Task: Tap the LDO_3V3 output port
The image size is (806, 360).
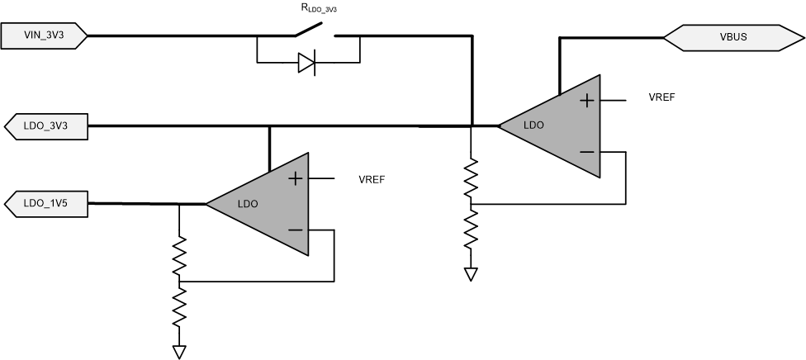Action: coord(46,126)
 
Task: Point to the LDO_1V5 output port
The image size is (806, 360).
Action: coord(46,203)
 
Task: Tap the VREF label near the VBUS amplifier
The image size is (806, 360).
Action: coord(663,97)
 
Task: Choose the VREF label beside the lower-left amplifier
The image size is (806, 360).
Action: coord(372,178)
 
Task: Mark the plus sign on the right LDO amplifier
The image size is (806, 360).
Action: coord(586,101)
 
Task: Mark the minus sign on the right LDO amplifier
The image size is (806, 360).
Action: coord(586,152)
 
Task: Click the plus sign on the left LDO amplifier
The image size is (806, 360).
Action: coord(294,178)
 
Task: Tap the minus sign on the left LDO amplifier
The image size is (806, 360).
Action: coord(294,230)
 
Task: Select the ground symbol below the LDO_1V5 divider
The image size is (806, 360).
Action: coord(179,351)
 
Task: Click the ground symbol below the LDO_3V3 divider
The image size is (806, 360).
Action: coord(471,273)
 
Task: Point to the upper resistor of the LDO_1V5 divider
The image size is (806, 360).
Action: coord(179,258)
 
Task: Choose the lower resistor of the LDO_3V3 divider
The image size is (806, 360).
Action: coord(471,228)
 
